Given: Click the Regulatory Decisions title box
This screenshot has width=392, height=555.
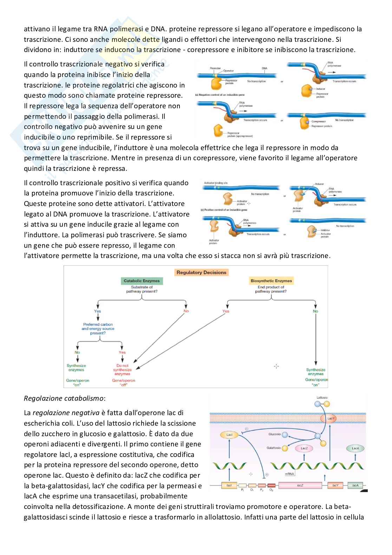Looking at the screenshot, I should coord(201,272).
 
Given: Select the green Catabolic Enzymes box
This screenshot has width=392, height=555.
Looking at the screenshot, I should coord(142,281).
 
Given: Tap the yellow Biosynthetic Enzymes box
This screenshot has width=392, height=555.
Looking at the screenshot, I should coord(271,281).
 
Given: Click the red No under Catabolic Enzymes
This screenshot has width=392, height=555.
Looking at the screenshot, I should coord(186,311).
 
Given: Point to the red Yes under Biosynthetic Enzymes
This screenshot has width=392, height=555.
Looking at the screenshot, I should coord(226,311).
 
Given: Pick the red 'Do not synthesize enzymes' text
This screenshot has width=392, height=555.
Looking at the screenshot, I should coord(123,370).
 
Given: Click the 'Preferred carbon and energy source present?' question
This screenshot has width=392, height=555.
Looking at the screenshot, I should coord(98,329).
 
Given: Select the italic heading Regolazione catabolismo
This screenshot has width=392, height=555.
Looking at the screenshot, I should coord(64,398).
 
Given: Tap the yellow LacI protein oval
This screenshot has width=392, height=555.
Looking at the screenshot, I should coord(229,435).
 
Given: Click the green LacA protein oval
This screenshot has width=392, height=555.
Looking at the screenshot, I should coord(355,448).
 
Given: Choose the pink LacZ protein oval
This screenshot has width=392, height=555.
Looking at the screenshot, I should coord(304,448).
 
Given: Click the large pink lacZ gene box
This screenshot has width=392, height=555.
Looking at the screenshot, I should coord(300,485).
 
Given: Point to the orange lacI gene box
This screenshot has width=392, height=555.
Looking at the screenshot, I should coord(229,485).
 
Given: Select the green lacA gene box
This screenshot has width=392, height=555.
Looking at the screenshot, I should coord(355,485).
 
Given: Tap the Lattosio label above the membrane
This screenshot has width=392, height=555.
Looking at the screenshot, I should coord(322,398).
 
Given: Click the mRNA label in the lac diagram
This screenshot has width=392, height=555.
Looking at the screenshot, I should coord(289,474).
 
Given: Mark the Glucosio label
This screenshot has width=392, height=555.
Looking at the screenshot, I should coord(274,434).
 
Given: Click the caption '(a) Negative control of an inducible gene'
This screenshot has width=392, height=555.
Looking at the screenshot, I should coord(220,95).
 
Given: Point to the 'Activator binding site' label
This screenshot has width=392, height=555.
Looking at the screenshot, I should coord(216,183).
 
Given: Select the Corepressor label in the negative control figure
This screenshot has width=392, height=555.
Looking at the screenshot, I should coord(319,122).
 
